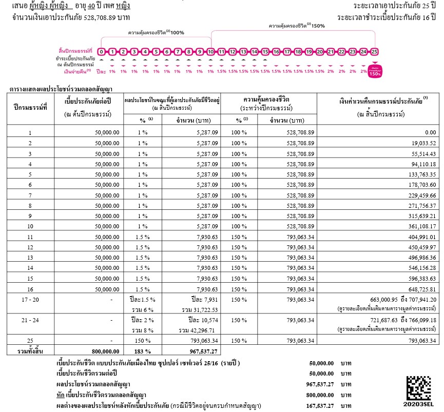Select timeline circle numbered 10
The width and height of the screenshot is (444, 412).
point(210,52)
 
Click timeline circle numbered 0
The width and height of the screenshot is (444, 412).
point(102,52)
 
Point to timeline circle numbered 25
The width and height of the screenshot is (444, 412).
point(375,52)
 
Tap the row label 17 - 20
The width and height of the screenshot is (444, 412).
point(29,300)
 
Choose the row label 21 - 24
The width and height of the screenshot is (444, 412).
point(29,320)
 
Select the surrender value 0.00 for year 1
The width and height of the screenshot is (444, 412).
point(428,133)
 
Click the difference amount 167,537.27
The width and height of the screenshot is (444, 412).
point(319,406)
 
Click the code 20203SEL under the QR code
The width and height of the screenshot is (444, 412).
point(419,406)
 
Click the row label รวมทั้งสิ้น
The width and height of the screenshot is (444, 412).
point(29,351)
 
